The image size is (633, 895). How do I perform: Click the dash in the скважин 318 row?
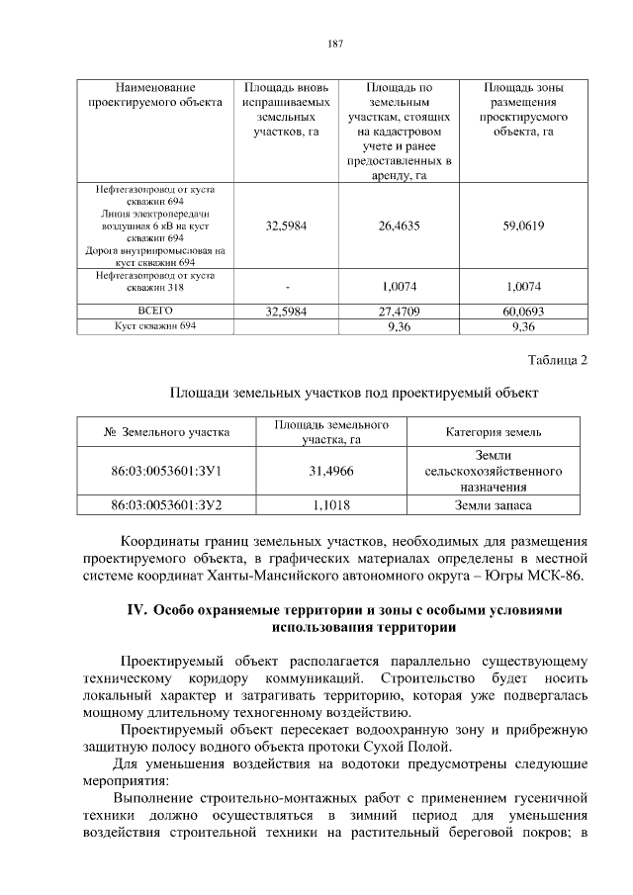point(287,287)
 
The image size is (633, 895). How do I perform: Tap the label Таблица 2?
point(555,360)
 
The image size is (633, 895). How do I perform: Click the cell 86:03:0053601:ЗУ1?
point(166,473)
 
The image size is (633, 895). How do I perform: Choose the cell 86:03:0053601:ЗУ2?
point(166,504)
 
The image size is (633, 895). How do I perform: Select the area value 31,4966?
point(331,473)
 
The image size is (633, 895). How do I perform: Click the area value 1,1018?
point(331,504)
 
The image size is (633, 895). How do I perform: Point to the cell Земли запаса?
point(493,504)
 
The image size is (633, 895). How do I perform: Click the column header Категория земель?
point(493,432)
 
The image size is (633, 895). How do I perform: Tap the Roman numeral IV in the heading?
point(137,610)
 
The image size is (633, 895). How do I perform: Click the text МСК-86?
point(557,577)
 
